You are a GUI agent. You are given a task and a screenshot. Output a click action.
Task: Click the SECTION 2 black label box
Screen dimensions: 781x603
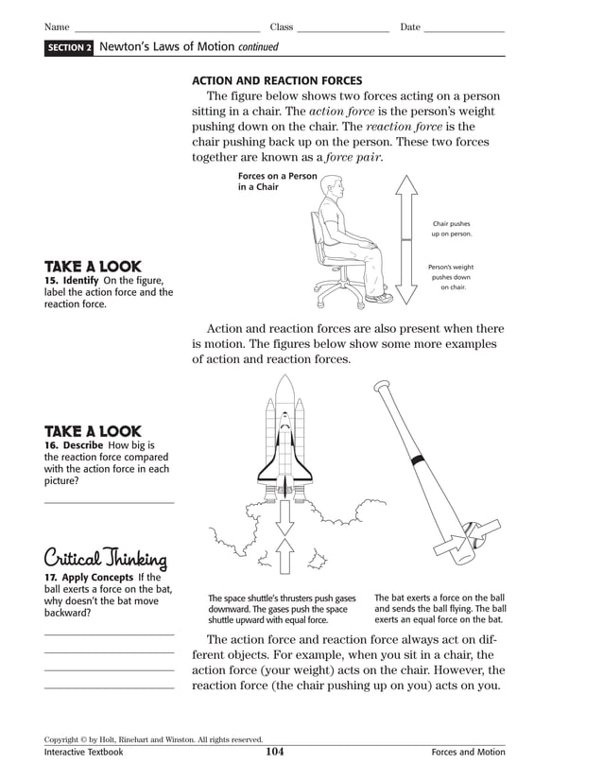point(69,47)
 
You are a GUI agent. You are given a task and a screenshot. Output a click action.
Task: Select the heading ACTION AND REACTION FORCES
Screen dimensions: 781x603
point(277,81)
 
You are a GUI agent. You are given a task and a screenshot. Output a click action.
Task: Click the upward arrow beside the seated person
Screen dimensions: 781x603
point(406,208)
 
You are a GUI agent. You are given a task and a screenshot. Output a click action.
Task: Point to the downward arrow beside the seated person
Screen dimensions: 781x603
point(406,274)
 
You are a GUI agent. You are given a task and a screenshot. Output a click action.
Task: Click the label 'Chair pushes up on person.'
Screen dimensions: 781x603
point(451,229)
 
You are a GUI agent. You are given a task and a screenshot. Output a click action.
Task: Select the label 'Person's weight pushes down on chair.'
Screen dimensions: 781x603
point(451,277)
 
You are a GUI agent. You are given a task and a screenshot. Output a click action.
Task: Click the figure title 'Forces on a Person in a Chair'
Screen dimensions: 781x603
point(277,182)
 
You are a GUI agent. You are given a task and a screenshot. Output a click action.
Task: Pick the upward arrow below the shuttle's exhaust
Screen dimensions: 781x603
point(284,556)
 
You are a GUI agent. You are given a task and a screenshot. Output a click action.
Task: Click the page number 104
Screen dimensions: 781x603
point(275,753)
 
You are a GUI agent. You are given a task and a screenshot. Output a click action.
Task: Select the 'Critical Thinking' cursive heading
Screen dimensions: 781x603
point(106,558)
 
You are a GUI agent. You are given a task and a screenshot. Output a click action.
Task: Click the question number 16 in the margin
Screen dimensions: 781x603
point(51,445)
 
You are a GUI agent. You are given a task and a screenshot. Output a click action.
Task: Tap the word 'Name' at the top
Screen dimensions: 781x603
point(57,27)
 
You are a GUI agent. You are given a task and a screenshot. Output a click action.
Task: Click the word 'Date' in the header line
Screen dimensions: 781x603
point(410,27)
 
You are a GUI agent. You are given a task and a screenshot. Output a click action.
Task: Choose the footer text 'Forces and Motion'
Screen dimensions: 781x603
point(468,753)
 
